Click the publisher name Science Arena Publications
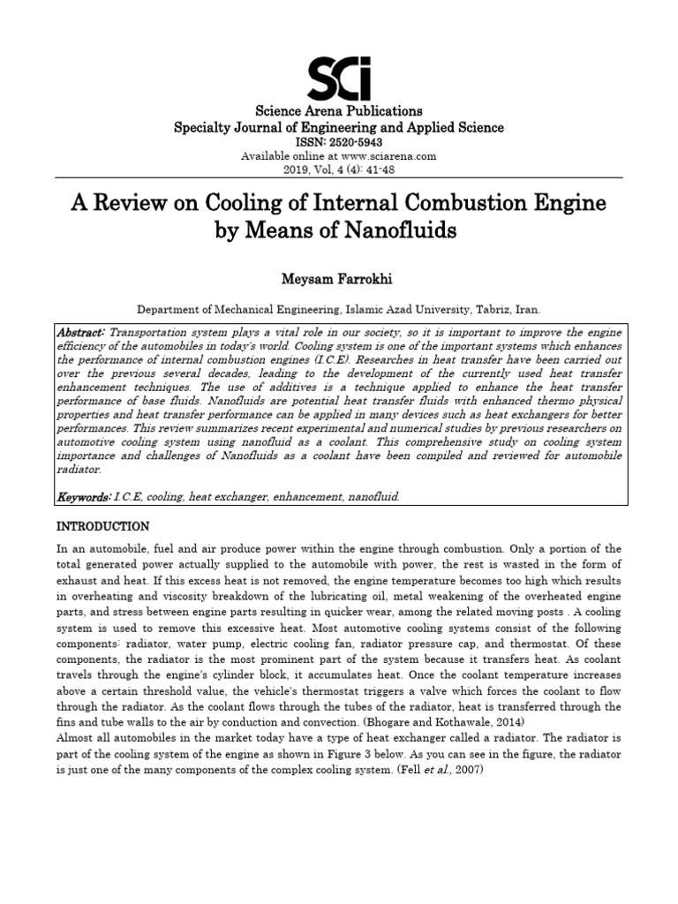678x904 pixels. pos(339,111)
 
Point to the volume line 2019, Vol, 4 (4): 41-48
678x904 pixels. pos(339,169)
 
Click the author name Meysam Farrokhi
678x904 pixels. pos(339,279)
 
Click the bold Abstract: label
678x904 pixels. pos(81,332)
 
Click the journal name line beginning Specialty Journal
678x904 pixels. pos(339,127)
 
